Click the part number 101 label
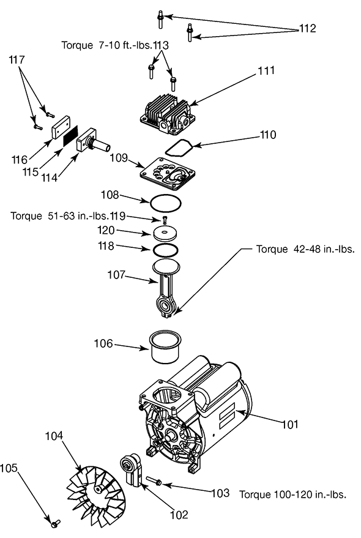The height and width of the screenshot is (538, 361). click(290, 424)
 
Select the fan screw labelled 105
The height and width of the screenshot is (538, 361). click(55, 523)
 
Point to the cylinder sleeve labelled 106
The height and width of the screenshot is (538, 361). click(165, 346)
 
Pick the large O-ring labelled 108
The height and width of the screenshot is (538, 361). click(165, 203)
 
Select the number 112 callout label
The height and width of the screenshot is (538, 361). click(308, 28)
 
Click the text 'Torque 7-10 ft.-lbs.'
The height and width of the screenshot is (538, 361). click(106, 45)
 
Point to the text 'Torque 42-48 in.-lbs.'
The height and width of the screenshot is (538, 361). click(305, 249)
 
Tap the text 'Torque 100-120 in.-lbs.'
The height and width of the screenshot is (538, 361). click(292, 495)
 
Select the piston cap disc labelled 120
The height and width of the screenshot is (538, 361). click(165, 234)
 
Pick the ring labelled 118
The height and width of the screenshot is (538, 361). click(165, 250)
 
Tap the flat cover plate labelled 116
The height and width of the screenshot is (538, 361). click(61, 127)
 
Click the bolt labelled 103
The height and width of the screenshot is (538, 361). click(154, 481)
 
